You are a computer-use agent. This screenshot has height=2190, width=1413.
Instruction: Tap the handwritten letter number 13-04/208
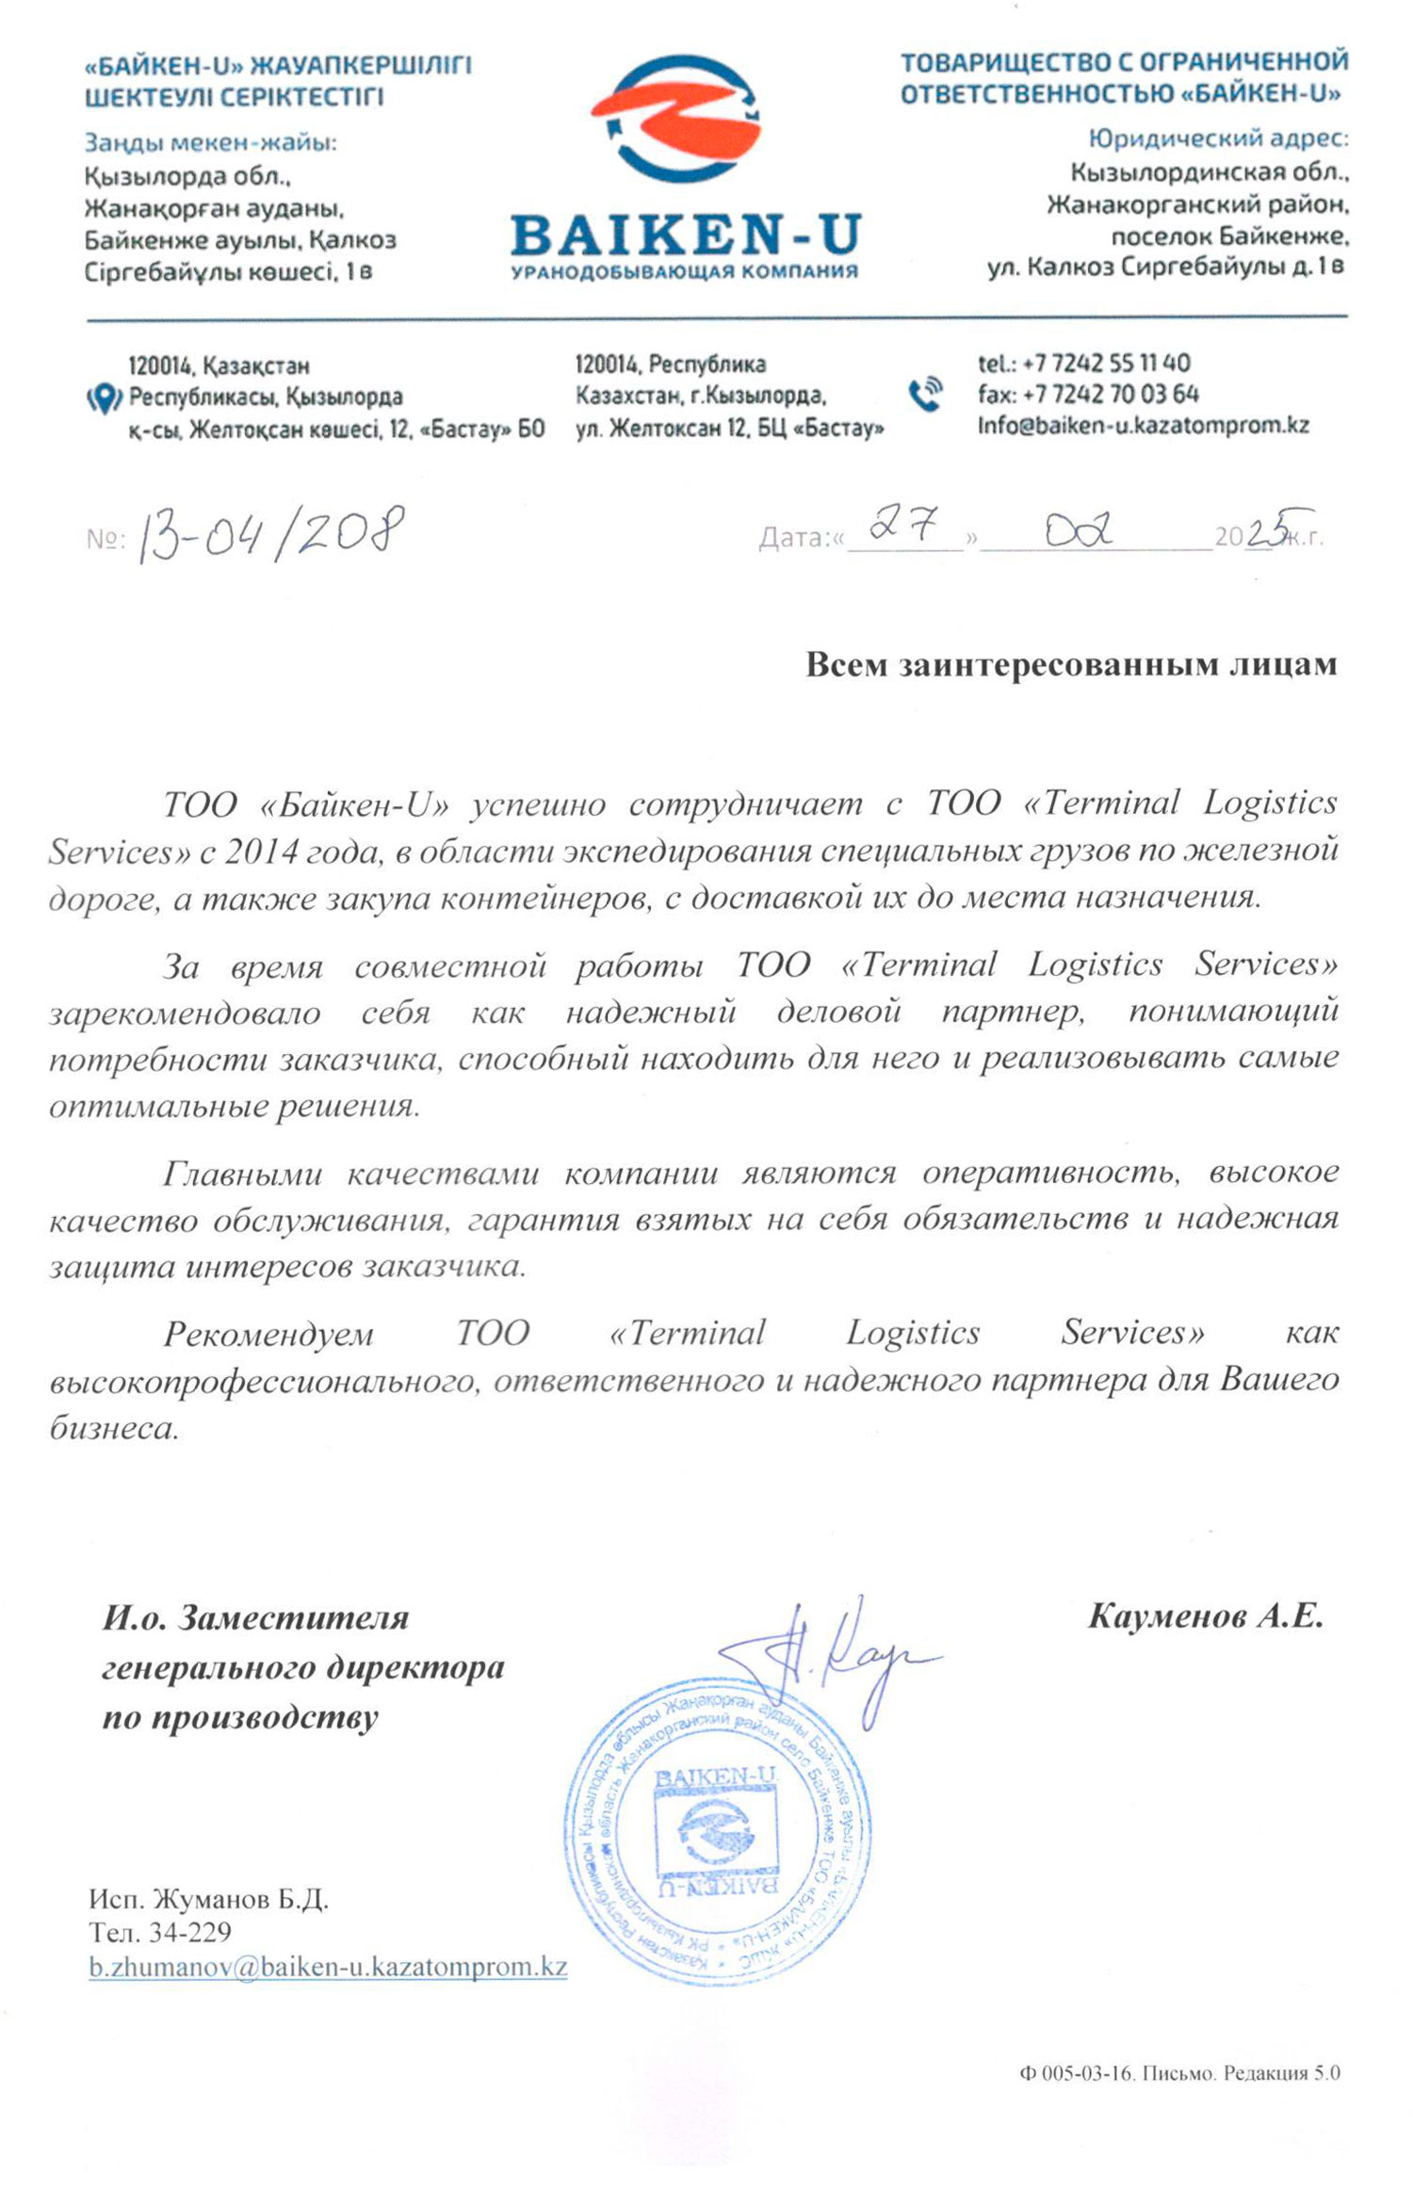(x=271, y=533)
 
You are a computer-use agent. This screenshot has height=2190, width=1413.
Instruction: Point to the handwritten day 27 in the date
(x=903, y=524)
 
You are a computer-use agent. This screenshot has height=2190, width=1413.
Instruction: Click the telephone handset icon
(x=925, y=394)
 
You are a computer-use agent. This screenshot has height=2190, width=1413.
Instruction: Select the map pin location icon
(x=104, y=399)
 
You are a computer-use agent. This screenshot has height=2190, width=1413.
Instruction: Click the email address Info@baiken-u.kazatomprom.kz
(x=1143, y=425)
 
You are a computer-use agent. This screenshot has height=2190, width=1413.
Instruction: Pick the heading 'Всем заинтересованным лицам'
(x=1071, y=664)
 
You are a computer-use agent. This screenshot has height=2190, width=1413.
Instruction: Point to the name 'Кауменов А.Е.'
(x=1206, y=1616)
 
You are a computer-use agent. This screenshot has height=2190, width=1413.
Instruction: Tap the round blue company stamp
(x=717, y=1831)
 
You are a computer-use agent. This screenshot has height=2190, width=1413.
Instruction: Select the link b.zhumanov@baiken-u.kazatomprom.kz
(x=328, y=1967)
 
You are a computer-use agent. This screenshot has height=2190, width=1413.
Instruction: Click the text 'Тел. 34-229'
(x=160, y=1932)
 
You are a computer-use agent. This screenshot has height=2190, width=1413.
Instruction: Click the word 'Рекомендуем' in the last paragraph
(x=268, y=1334)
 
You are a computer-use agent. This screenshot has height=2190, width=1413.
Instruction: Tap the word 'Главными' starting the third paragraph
(x=242, y=1174)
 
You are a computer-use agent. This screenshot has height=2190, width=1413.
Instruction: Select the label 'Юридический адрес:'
(x=1218, y=138)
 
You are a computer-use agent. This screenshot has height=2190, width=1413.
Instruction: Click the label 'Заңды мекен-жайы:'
(x=210, y=142)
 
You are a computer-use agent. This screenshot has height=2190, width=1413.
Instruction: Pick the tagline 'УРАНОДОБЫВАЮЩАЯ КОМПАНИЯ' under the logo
(x=684, y=272)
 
